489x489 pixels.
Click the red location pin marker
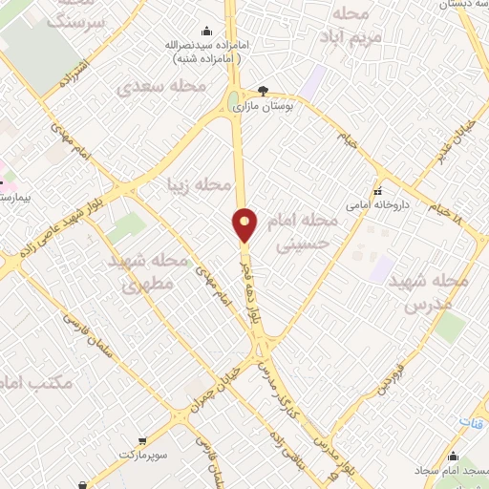pyautogui.click(x=245, y=225)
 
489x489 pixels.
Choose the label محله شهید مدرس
pyautogui.click(x=435, y=293)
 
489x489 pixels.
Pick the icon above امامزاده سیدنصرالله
pyautogui.click(x=206, y=32)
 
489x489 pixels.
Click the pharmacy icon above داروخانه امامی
pyautogui.click(x=378, y=190)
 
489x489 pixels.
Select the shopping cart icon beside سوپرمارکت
pyautogui.click(x=142, y=440)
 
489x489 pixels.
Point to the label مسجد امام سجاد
pyautogui.click(x=451, y=471)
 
